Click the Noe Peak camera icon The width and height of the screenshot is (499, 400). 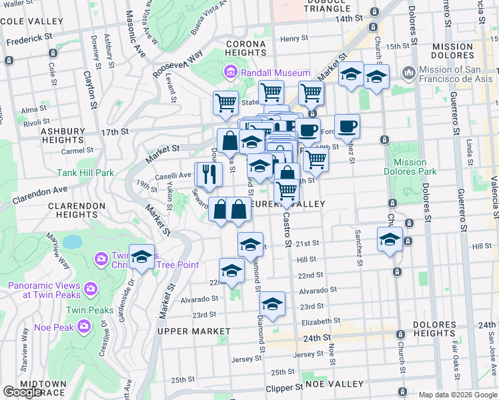point(84,326)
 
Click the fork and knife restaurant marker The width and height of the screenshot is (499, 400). point(209,175)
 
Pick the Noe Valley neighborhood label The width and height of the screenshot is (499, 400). point(334,384)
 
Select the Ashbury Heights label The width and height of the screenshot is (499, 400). point(63,136)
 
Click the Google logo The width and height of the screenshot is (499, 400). point(22,392)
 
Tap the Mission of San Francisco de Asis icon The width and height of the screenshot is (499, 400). point(409,71)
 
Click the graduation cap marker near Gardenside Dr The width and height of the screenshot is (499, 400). point(141,258)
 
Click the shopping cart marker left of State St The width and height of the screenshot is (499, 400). point(226,103)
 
